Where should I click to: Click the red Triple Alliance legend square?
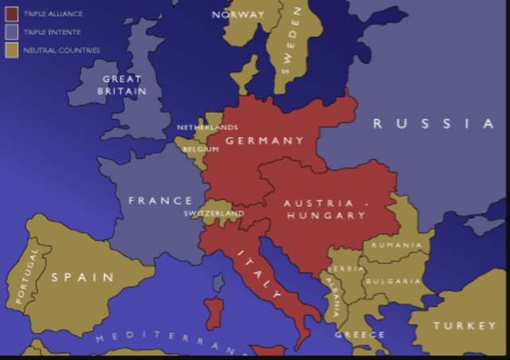coord(12,14)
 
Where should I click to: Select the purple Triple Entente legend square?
coord(12,32)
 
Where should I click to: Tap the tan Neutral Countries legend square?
coord(12,50)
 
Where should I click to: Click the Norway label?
coord(238,14)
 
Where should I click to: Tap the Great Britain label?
coord(122,85)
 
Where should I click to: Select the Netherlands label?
coord(207,127)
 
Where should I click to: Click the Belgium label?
coord(200,149)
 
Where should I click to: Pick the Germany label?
coord(265,141)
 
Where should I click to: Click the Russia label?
coord(434,123)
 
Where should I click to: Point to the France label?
coord(161,201)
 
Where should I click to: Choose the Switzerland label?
coord(214,213)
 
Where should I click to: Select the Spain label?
coord(83,277)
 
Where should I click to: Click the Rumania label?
coord(396,245)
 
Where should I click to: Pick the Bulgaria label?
coord(392,281)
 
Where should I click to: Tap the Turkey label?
coord(465,327)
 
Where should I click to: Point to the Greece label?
coord(359,335)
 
